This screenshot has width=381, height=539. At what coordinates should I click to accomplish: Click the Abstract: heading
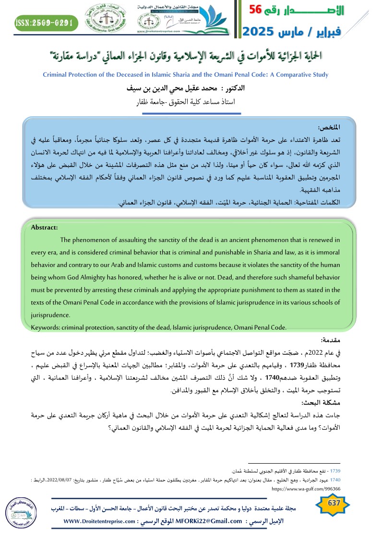pyautogui.click(x=44, y=228)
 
